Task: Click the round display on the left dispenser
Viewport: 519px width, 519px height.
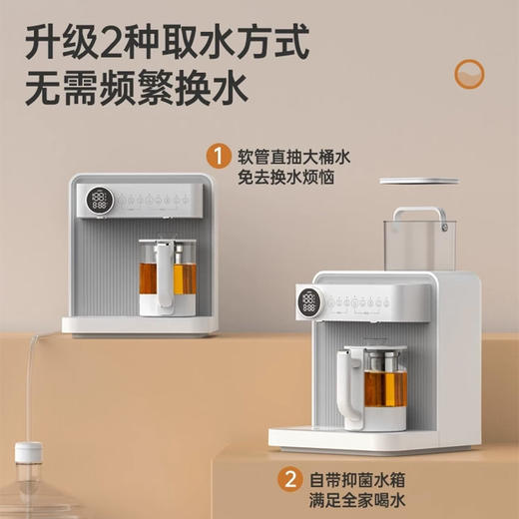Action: (x=99, y=200)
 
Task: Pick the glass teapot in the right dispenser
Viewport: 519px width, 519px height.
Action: (x=375, y=383)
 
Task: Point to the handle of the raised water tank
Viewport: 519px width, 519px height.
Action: (x=417, y=216)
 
